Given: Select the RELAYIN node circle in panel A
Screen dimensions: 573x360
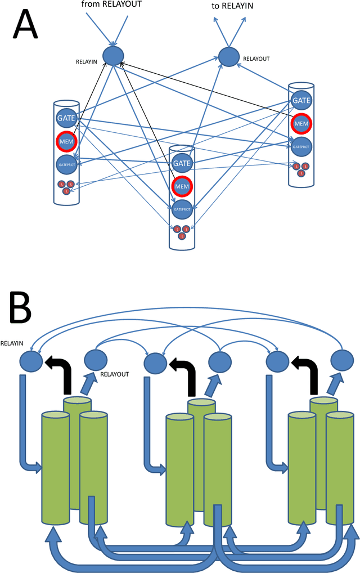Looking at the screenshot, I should click(114, 55).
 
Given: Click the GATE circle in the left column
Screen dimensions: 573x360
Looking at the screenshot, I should click(66, 118).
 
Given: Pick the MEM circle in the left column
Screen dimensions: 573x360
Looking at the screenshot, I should click(65, 141).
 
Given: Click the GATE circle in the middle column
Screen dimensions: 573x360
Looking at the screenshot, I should click(182, 163).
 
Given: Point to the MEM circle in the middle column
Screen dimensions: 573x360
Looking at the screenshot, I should click(182, 186).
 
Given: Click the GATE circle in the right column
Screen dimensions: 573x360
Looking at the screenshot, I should click(301, 100).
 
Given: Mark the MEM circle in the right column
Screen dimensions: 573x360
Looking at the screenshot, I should click(301, 123).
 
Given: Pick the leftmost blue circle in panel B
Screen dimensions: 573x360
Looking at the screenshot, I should click(30, 360).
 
